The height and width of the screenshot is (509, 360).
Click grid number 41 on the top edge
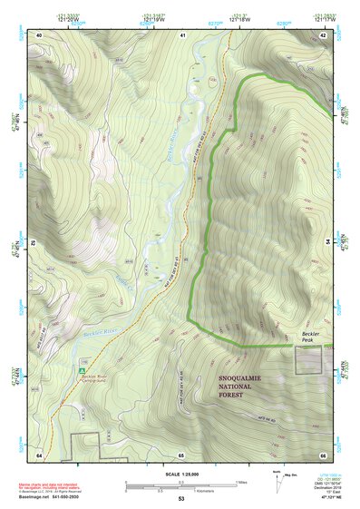[182, 34]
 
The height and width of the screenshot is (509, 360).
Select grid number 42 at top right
[323, 34]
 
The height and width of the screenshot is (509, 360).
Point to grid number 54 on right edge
[326, 242]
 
